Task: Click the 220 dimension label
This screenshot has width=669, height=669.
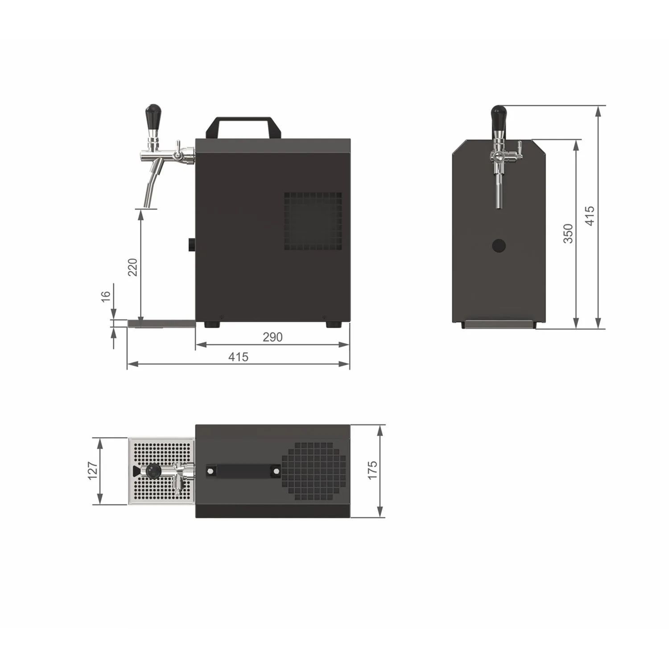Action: click(x=133, y=267)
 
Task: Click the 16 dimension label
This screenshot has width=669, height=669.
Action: click(x=106, y=297)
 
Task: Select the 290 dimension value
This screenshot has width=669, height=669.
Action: click(x=273, y=337)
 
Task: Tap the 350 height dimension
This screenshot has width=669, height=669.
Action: click(x=568, y=233)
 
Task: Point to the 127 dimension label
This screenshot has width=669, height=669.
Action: click(x=92, y=471)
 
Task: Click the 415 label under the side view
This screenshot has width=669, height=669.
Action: click(x=238, y=357)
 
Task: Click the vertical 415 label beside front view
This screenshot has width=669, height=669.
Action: click(x=590, y=216)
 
